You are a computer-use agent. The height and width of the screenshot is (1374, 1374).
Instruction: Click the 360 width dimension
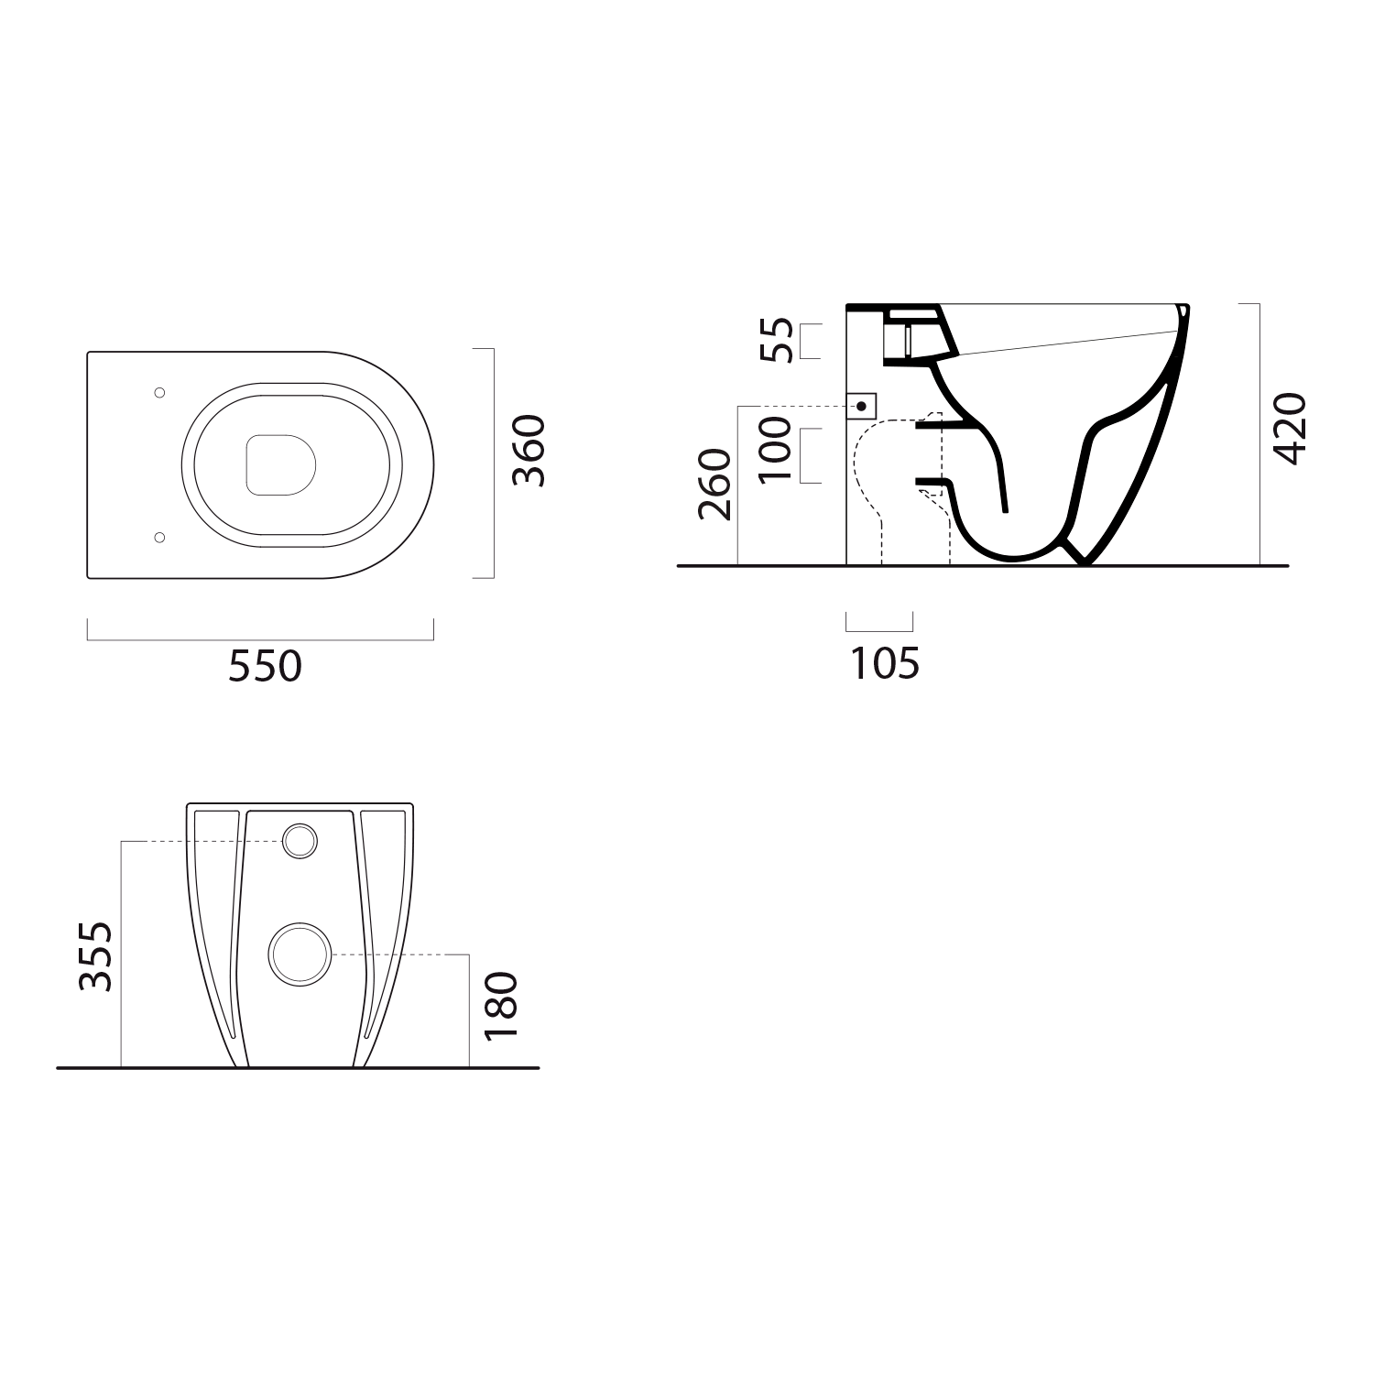(x=529, y=450)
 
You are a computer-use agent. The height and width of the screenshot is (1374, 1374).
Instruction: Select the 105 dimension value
(x=885, y=663)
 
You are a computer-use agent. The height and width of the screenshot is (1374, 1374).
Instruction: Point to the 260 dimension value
(x=715, y=485)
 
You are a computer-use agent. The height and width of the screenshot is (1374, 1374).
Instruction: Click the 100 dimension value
(x=774, y=449)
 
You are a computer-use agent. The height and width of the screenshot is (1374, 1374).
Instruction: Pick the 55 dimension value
(x=774, y=340)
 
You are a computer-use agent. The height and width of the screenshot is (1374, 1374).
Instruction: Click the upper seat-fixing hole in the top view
(x=159, y=393)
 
